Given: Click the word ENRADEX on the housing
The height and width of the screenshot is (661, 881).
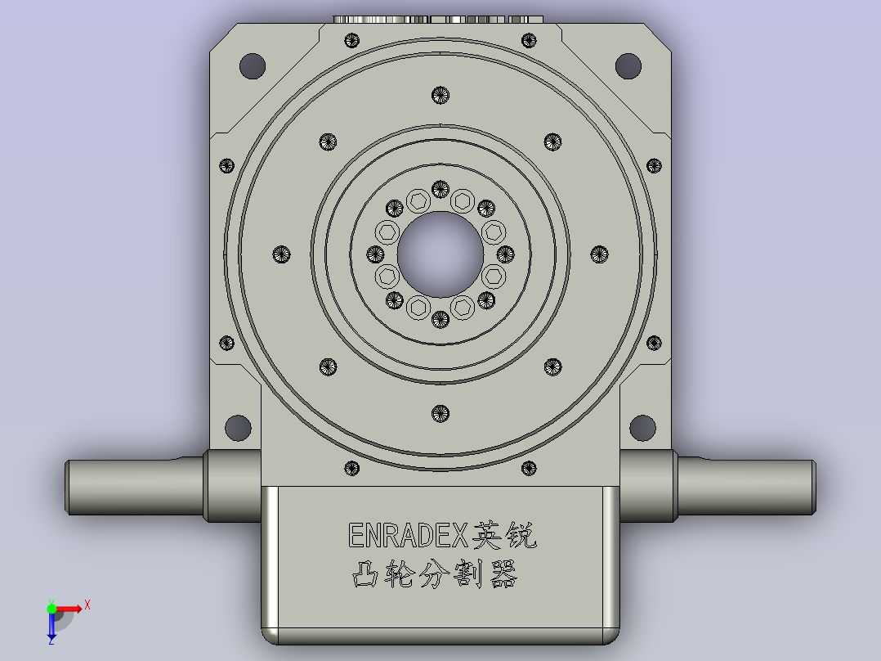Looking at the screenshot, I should click(x=407, y=536).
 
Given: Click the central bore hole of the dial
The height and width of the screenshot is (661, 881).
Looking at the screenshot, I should click(x=440, y=254).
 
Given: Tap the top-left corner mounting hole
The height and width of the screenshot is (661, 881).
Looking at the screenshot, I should click(x=252, y=65).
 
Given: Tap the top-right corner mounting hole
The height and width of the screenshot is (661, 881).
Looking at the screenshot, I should click(x=628, y=65).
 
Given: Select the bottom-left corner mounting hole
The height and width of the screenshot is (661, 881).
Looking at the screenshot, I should click(x=238, y=427).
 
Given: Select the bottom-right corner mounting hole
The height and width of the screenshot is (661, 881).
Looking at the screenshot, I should click(x=642, y=427).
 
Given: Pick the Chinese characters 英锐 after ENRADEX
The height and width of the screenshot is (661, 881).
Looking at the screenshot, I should click(x=506, y=536).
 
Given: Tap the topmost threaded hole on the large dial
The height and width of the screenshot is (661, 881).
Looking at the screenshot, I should click(x=440, y=95).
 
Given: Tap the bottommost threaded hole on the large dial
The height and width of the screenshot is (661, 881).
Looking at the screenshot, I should click(x=440, y=413).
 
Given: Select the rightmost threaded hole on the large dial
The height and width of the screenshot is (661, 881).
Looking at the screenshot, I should click(x=599, y=254).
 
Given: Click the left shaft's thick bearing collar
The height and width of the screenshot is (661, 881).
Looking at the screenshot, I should click(x=232, y=487).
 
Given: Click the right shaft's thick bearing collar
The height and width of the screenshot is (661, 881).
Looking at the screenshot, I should click(x=648, y=487).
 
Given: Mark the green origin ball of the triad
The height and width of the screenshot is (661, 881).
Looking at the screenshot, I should click(x=51, y=609).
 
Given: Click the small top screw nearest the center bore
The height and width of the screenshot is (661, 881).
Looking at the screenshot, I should click(x=440, y=190).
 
